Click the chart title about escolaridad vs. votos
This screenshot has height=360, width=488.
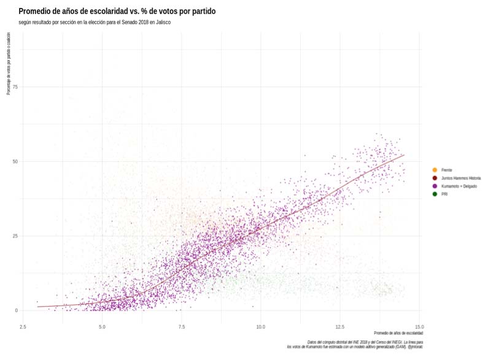click(117, 12)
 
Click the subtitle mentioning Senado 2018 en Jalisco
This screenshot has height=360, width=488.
click(95, 23)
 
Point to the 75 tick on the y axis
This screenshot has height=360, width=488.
click(15, 87)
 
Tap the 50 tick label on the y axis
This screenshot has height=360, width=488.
click(15, 161)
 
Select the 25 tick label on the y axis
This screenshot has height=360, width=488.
click(15, 236)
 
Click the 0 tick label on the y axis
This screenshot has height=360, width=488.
click(17, 310)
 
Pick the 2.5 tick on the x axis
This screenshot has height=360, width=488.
click(23, 326)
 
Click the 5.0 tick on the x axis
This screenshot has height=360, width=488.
click(102, 326)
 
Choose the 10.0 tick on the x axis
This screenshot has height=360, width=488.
click(260, 326)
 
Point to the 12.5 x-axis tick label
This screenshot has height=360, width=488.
click(340, 326)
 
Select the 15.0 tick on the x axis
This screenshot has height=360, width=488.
click(419, 326)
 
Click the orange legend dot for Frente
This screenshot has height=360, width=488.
click(435, 170)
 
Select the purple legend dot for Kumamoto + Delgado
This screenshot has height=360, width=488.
click(435, 186)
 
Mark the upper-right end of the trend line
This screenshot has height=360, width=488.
click(404, 155)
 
